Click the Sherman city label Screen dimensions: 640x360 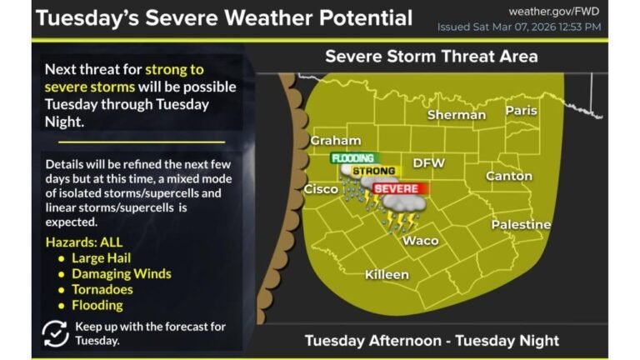[x=456, y=115]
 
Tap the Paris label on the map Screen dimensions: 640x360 [x=521, y=111]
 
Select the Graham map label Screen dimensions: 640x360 [x=335, y=141]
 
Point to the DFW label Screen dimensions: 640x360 [x=429, y=162]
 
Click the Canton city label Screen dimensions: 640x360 [x=508, y=177]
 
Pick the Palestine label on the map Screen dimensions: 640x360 [x=521, y=225]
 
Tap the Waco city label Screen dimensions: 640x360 [x=420, y=241]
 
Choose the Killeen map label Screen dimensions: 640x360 [x=387, y=275]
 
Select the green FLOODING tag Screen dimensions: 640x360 [x=354, y=157]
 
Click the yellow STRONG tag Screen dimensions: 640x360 [x=372, y=171]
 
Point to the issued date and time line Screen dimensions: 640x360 [x=519, y=27]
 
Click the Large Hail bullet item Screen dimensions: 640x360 [x=100, y=258]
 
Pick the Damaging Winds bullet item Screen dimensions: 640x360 [x=121, y=273]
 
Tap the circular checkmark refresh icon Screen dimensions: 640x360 [x=55, y=332]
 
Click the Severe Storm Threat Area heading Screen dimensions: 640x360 [x=431, y=57]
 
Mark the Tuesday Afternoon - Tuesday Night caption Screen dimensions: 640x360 [x=431, y=340]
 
